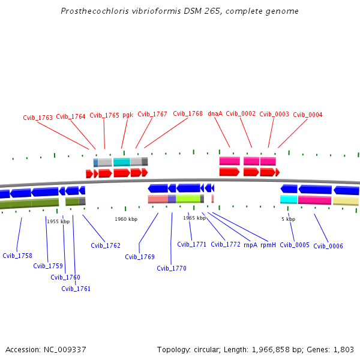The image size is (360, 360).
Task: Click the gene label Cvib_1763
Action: click(x=38, y=118)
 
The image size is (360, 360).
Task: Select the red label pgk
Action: click(x=128, y=115)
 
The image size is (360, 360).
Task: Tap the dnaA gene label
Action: click(x=215, y=113)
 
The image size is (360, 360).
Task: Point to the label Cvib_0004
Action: click(x=308, y=115)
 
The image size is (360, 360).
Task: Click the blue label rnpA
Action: click(x=250, y=245)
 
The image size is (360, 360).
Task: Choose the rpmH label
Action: click(x=268, y=245)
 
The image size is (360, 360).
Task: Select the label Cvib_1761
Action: click(x=76, y=289)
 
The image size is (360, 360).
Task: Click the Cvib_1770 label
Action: click(x=172, y=268)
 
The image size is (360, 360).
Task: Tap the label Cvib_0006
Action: click(x=328, y=246)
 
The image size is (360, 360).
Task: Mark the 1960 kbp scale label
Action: click(x=126, y=219)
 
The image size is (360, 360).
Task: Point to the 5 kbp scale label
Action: click(x=289, y=219)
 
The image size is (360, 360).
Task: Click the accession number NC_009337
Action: click(x=65, y=350)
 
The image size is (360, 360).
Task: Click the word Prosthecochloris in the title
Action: click(x=95, y=11)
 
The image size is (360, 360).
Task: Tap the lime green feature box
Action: click(x=188, y=199)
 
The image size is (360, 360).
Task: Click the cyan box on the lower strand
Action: click(x=289, y=199)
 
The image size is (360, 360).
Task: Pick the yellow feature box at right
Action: click(x=346, y=201)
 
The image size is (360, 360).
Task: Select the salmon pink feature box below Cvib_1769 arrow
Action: click(x=158, y=199)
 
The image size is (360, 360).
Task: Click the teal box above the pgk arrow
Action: click(x=122, y=162)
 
